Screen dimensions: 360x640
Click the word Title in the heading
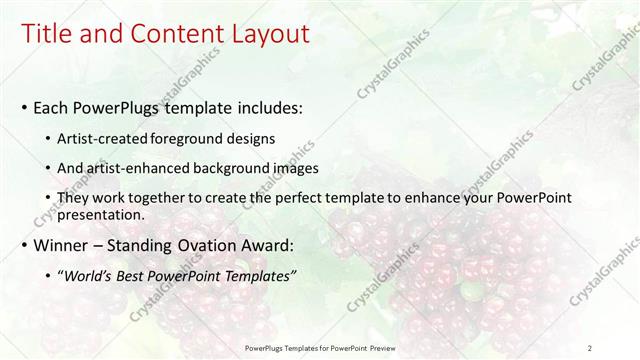(46, 34)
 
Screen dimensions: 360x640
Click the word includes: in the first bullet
(271, 107)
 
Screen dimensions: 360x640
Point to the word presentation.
(101, 214)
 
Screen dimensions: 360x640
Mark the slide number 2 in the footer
(589, 347)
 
